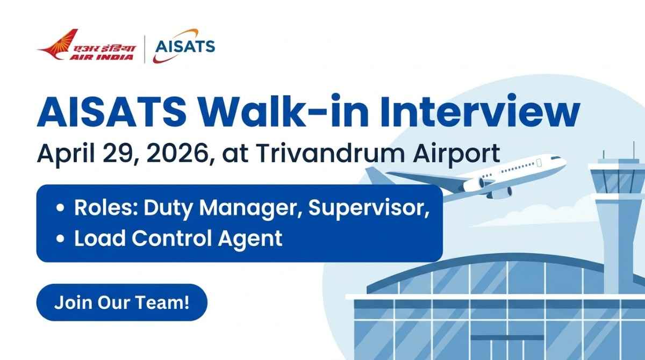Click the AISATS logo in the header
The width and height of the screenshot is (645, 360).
click(x=184, y=46)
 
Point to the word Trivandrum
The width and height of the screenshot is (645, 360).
click(x=331, y=153)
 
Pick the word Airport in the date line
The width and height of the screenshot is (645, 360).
click(x=456, y=154)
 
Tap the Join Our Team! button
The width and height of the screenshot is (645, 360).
click(x=122, y=302)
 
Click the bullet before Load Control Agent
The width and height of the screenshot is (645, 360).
click(x=60, y=239)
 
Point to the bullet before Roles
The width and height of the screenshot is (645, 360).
click(x=60, y=208)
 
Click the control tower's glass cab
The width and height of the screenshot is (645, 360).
click(x=618, y=181)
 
